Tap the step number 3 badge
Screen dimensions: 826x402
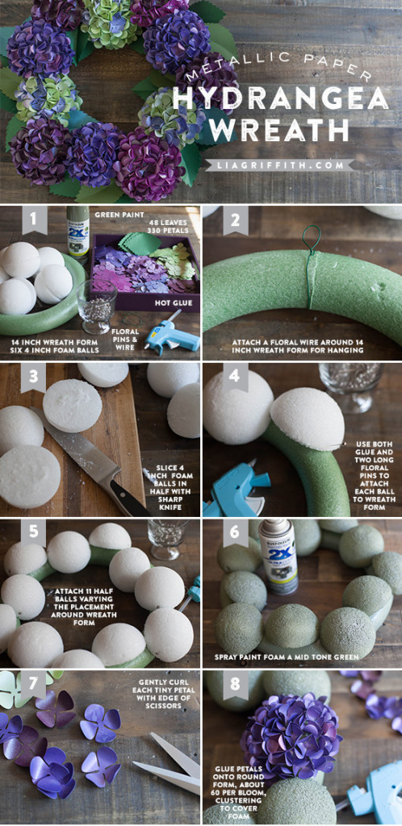pyautogui.click(x=33, y=377)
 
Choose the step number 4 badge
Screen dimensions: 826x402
pyautogui.click(x=235, y=377)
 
